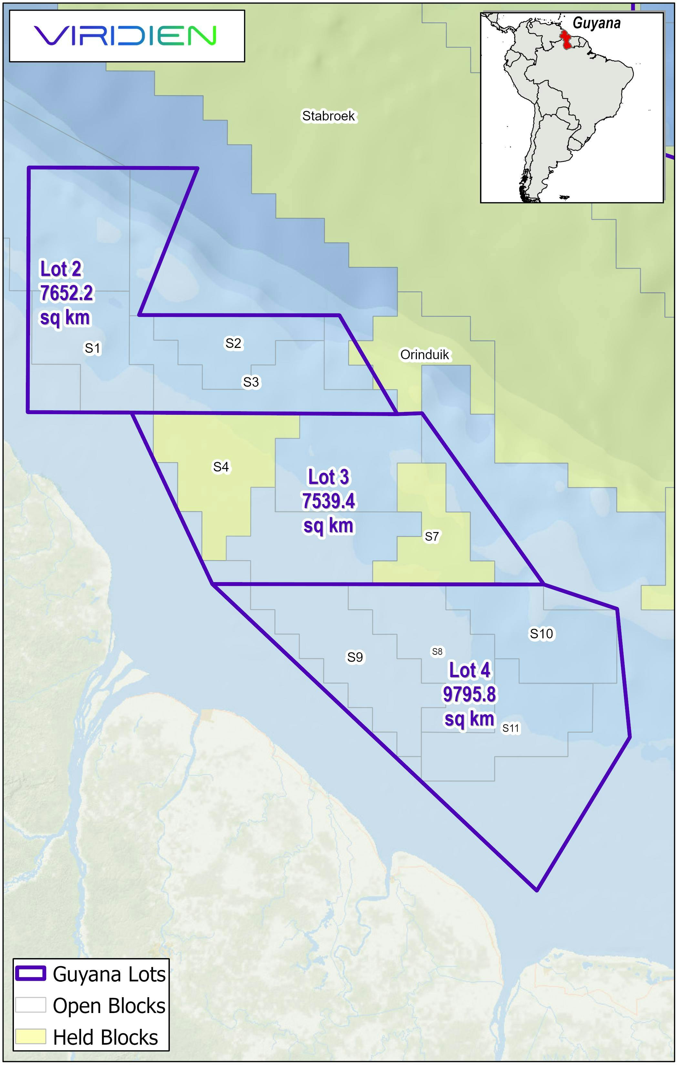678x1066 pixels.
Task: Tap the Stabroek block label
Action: point(328,116)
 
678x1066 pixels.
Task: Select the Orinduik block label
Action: point(425,355)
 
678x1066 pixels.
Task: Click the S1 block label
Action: point(93,349)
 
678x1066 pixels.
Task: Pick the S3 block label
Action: point(251,382)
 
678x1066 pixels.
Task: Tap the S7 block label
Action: point(431,537)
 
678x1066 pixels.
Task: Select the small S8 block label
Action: point(437,652)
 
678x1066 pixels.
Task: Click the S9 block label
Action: point(355,657)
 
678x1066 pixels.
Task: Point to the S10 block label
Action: point(541,634)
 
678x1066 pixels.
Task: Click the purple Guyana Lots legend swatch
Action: point(31,974)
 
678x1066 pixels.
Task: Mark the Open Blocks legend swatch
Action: point(31,1005)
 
